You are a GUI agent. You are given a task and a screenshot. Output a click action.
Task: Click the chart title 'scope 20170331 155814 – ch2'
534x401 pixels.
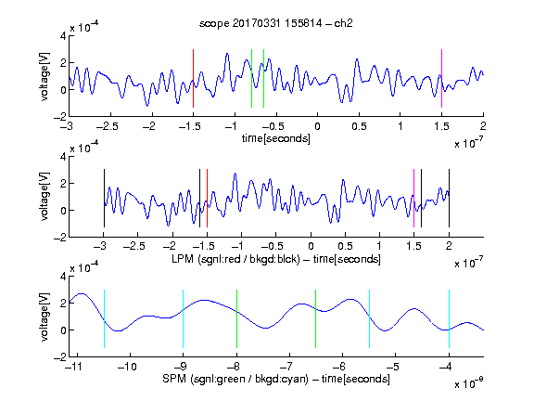275,23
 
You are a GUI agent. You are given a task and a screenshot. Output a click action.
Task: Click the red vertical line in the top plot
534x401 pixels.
193,78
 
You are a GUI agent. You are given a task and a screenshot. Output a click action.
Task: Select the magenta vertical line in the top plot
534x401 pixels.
441,78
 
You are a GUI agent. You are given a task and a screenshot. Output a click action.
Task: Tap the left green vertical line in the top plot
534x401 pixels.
251,78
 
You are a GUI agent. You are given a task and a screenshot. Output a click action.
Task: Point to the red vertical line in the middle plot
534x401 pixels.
207,198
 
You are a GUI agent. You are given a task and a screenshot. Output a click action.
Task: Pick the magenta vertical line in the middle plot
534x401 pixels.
413,198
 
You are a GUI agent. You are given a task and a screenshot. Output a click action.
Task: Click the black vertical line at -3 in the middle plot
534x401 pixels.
104,198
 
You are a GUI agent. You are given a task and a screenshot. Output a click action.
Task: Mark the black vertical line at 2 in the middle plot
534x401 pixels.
449,198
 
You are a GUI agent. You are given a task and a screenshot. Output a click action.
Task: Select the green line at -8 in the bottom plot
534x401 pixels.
236,318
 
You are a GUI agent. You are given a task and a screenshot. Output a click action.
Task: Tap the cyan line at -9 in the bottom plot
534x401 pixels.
184,318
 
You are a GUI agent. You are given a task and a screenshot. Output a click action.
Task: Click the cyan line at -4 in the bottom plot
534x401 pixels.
449,318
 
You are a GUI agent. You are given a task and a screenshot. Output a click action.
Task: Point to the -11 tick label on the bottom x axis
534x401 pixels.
74,367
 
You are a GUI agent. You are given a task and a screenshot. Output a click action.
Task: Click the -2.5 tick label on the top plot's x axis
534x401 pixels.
107,126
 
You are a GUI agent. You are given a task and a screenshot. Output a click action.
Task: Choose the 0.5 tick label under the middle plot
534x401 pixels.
345,246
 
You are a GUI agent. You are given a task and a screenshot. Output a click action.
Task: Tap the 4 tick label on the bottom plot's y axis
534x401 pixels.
63,277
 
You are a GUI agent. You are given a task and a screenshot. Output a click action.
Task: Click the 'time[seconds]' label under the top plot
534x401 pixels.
276,138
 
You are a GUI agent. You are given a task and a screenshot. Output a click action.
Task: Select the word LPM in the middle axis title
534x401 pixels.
183,259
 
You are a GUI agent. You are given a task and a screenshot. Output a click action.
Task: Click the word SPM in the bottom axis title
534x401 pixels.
174,379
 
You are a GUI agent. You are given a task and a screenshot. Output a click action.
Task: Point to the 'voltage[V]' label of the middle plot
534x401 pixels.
44,197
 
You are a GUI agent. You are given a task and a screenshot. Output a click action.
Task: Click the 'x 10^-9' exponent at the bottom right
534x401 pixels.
469,383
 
